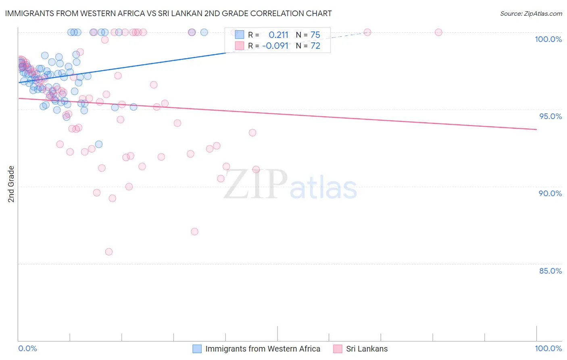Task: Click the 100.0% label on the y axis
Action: tap(548, 39)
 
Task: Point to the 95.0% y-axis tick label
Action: tap(550, 116)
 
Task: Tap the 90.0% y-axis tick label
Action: tap(550, 193)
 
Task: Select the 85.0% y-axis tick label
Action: tap(550, 271)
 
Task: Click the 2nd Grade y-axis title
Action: tap(11, 184)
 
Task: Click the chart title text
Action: tap(168, 13)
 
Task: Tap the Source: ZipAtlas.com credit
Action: tap(531, 13)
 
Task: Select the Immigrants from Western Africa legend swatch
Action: tap(197, 349)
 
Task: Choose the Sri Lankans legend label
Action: tap(367, 349)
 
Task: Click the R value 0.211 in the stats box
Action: tap(278, 35)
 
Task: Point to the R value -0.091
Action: tap(275, 46)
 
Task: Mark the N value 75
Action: tap(315, 35)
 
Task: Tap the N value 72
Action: tap(315, 46)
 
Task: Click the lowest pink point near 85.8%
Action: tap(109, 252)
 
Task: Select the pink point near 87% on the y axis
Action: tap(194, 232)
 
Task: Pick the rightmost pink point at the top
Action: tap(438, 32)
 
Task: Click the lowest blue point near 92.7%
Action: tap(99, 144)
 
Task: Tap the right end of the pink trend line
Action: tap(536, 129)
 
